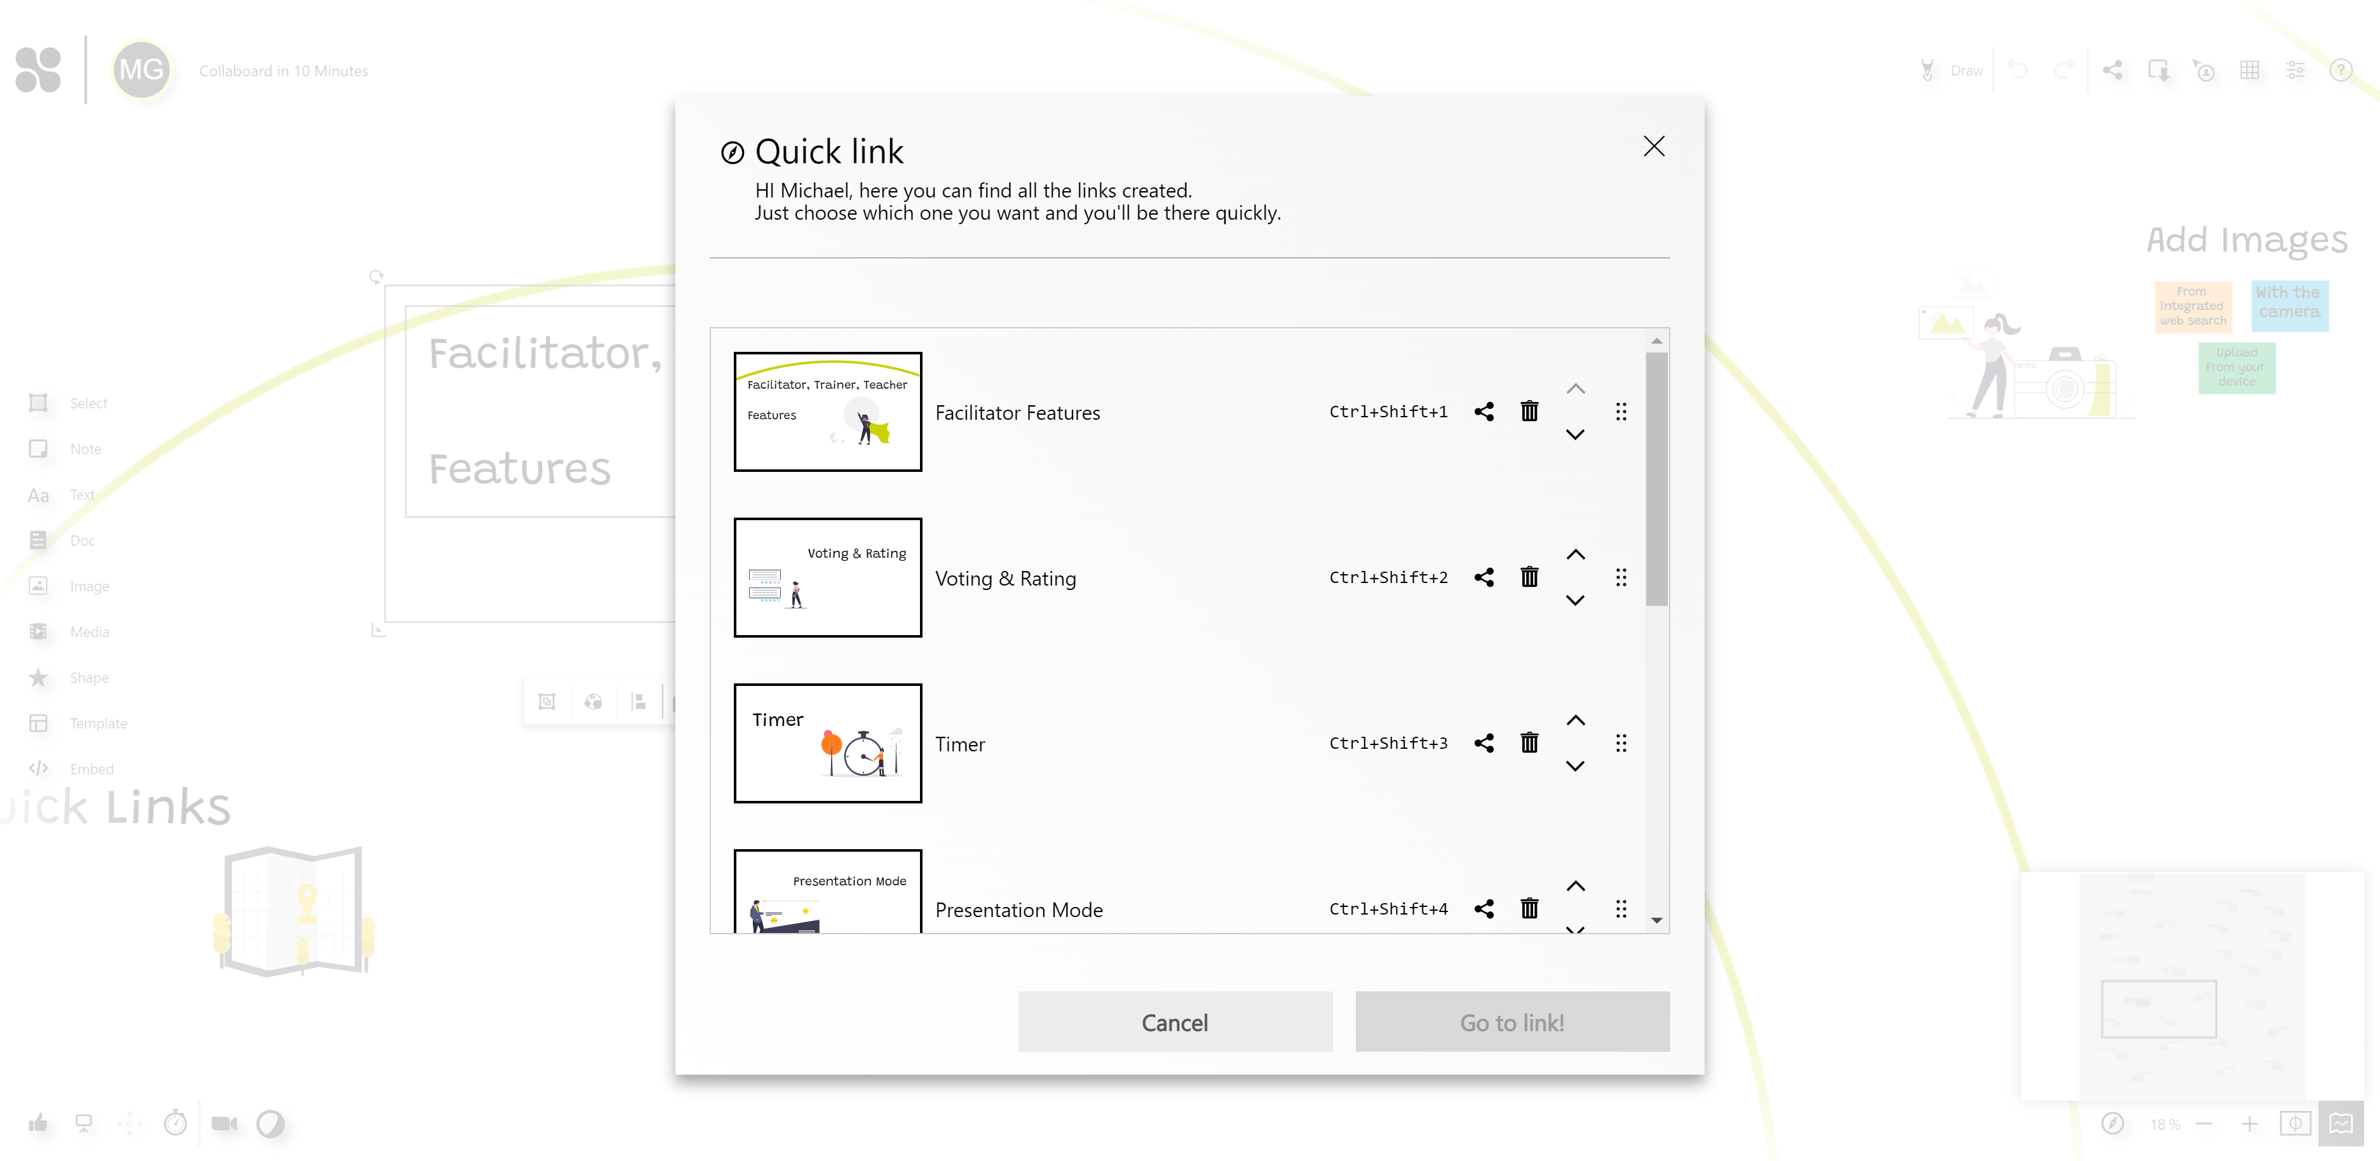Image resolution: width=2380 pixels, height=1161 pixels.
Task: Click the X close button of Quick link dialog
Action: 1654,146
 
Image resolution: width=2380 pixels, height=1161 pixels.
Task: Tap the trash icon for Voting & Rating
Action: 1529,577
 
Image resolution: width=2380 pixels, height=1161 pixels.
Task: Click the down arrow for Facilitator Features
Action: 1575,434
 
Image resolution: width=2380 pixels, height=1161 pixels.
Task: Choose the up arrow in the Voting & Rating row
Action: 1575,554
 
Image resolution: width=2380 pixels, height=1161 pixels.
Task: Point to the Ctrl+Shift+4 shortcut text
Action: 1388,909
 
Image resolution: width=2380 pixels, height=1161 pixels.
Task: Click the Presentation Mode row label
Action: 1018,909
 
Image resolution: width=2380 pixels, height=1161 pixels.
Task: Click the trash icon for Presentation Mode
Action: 1529,909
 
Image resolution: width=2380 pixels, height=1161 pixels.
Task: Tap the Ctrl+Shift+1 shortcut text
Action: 1388,412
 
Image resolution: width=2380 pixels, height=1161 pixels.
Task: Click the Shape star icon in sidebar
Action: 38,677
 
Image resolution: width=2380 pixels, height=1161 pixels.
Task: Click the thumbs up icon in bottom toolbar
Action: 38,1123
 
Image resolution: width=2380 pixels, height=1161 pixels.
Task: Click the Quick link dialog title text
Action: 828,151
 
